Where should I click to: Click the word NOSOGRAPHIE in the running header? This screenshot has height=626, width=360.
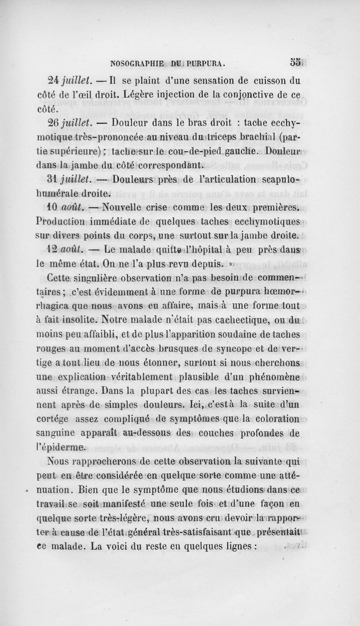135,62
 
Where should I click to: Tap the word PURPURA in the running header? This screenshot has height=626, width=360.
208,62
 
